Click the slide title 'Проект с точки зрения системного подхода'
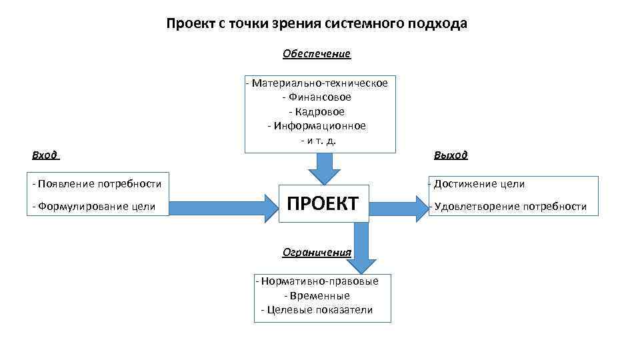point(317,24)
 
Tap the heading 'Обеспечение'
point(316,53)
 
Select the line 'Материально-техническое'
point(319,83)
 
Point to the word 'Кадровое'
point(319,111)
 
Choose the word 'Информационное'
point(319,125)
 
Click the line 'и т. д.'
point(322,140)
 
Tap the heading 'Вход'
point(45,155)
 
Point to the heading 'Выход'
point(451,155)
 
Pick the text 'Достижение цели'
point(479,184)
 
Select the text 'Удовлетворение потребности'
point(511,207)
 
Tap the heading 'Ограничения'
point(317,252)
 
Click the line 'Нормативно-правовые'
point(319,281)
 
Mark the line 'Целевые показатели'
point(319,310)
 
